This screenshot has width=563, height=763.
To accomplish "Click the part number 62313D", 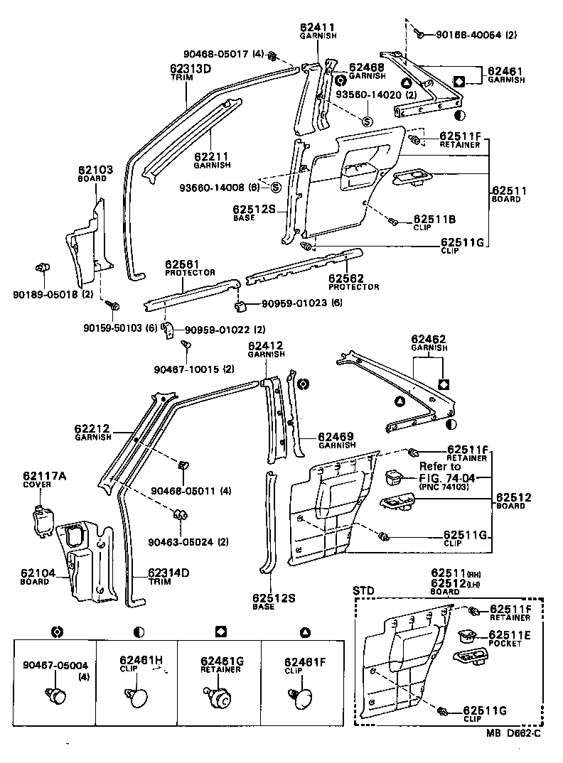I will (x=190, y=68).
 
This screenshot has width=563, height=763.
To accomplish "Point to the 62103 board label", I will (x=92, y=171).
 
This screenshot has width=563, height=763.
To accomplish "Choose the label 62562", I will (x=344, y=278).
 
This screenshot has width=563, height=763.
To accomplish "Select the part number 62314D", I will (x=169, y=573).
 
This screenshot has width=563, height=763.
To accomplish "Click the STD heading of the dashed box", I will (x=363, y=590).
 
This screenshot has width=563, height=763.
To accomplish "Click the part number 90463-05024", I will (x=178, y=543).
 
